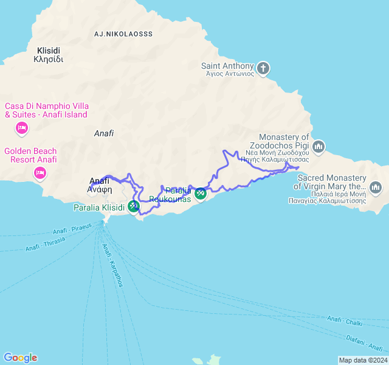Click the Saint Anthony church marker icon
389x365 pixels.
click(x=263, y=68)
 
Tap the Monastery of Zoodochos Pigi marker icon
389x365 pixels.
click(x=319, y=147)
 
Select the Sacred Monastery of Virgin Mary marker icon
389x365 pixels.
click(x=375, y=186)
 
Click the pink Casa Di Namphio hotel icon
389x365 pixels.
click(x=21, y=128)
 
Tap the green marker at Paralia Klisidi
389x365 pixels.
click(x=133, y=207)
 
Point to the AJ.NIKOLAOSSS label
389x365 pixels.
click(x=123, y=34)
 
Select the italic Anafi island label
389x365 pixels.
click(x=104, y=133)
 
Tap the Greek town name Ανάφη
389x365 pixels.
click(x=100, y=189)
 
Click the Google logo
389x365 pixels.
click(x=20, y=358)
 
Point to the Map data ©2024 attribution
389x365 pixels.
click(x=362, y=360)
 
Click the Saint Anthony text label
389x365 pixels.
click(x=228, y=66)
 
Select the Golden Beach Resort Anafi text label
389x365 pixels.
click(x=30, y=155)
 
